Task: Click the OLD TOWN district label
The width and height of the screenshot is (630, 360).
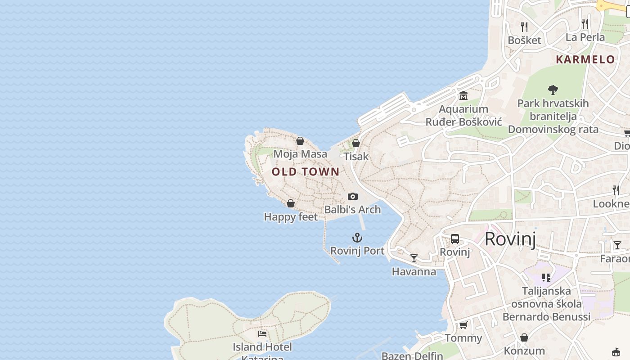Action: tap(306, 171)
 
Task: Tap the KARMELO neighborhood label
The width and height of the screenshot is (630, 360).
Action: tap(585, 59)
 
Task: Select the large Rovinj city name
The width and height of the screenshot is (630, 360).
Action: tap(510, 238)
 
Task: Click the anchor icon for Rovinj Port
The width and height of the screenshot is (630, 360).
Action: tap(357, 237)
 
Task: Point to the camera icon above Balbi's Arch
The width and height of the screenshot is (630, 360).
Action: tap(353, 196)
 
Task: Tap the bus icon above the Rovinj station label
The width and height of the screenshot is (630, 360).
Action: tap(454, 239)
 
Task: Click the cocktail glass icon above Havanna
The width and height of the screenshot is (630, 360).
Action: tap(414, 258)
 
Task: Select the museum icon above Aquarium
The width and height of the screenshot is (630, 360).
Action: tap(463, 95)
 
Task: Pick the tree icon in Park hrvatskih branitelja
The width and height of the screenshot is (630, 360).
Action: tap(553, 90)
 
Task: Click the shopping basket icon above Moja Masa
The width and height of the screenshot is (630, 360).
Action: tap(300, 141)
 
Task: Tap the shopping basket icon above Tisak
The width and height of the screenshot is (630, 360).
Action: tap(356, 143)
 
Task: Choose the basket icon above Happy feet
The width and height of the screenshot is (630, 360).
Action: tap(291, 203)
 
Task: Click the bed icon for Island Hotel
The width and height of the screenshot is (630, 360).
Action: tap(262, 334)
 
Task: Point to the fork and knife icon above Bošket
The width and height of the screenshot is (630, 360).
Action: tap(524, 27)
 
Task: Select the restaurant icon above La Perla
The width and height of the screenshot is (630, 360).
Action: tap(585, 24)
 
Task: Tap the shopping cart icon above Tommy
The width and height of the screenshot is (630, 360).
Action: tap(463, 325)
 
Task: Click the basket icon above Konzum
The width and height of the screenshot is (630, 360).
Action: tap(524, 337)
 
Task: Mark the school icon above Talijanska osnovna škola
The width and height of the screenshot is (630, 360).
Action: tap(546, 277)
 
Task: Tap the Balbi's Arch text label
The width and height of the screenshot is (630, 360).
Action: tap(352, 210)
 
